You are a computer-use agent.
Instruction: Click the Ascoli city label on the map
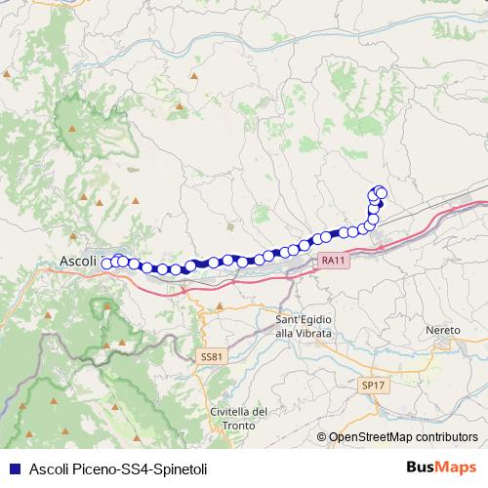pos(79,262)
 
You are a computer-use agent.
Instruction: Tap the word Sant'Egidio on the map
pos(304,320)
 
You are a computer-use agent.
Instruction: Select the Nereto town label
pos(443,330)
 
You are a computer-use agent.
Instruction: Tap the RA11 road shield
pos(332,261)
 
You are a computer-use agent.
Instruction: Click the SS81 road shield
pos(211,356)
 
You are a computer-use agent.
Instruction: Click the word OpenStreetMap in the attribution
pos(372,437)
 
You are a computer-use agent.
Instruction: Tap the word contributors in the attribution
pos(445,437)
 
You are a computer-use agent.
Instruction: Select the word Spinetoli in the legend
pos(180,468)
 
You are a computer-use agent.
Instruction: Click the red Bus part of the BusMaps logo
pos(422,467)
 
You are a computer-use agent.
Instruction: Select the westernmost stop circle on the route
pos(106,262)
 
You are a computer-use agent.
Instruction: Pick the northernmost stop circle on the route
pos(381,192)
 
